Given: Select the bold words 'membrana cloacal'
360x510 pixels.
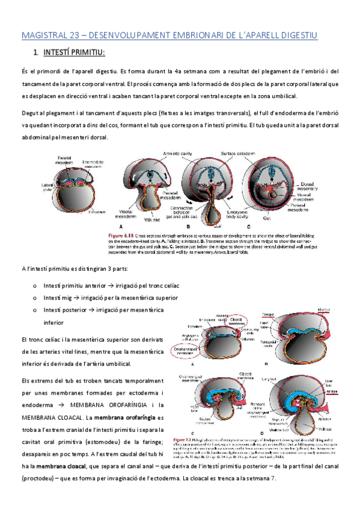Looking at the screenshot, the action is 56,466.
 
